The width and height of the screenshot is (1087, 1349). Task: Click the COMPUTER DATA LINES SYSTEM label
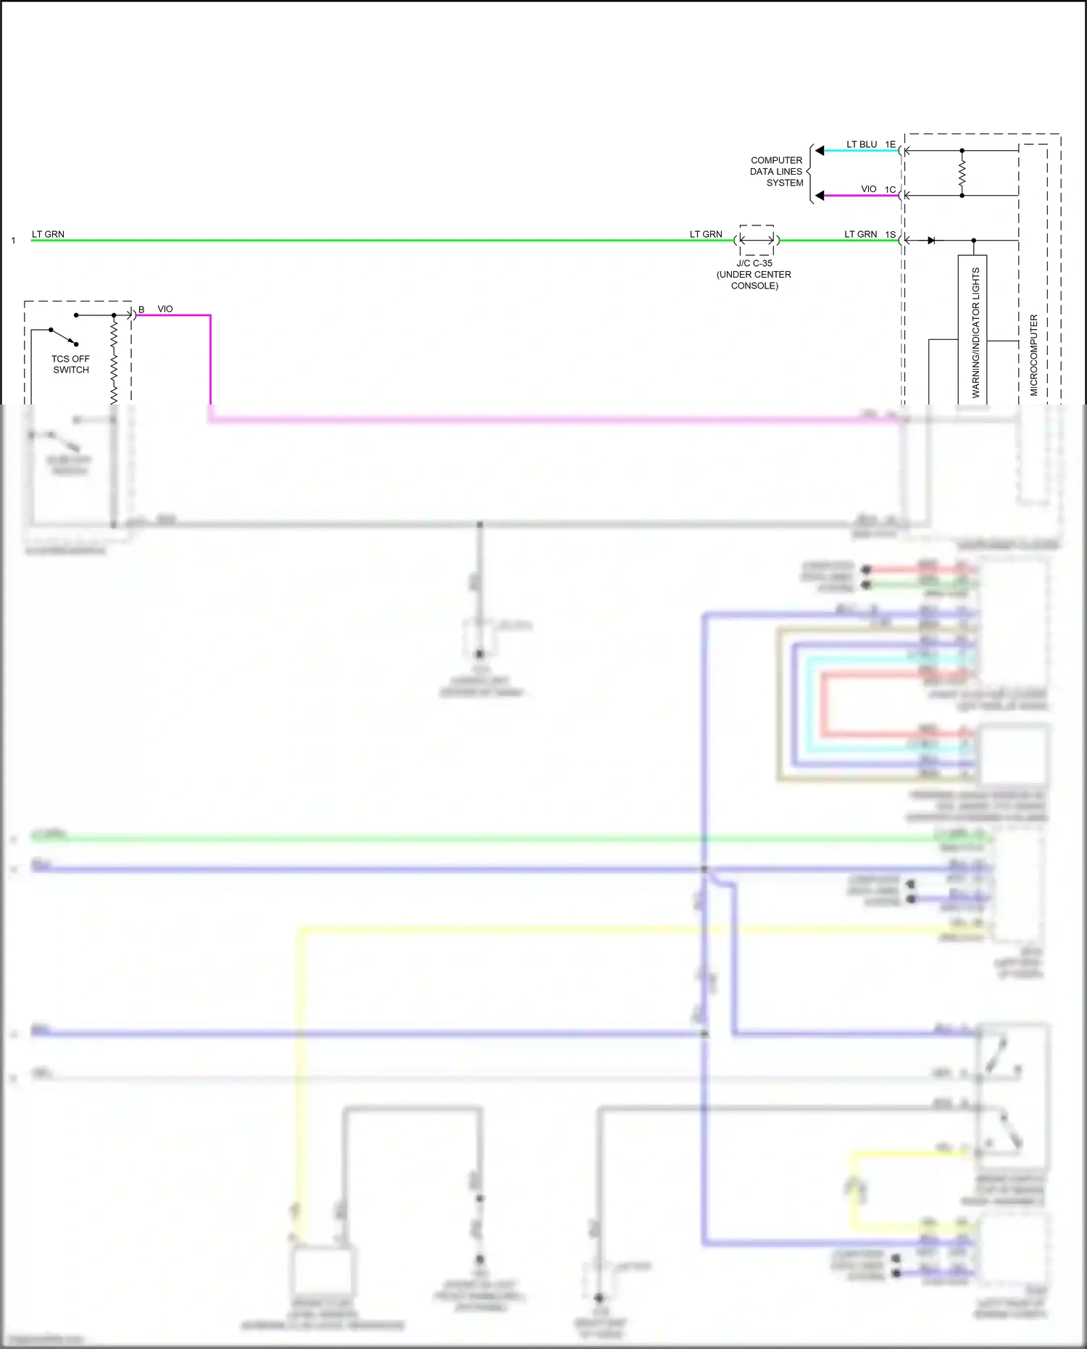[776, 172]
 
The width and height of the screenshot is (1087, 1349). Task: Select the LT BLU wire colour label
[862, 144]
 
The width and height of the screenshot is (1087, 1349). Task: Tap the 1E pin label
[890, 144]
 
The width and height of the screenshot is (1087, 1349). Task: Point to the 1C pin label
[890, 190]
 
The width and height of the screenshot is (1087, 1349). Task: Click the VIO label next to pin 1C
[868, 189]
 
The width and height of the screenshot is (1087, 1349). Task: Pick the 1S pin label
[890, 235]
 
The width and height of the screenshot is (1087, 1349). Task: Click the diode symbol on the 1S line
[931, 240]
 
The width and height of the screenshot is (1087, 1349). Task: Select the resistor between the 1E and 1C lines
[962, 173]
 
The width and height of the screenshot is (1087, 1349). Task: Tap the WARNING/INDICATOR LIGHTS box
[973, 330]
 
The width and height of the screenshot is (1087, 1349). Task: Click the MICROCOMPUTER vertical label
[1033, 355]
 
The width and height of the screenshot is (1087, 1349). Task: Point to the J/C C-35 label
[754, 263]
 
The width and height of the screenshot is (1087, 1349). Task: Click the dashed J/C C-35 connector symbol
[757, 240]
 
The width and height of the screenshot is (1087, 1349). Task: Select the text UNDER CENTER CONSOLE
[754, 280]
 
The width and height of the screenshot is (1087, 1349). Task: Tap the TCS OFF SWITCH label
[70, 364]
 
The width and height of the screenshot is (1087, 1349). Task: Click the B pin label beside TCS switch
[141, 310]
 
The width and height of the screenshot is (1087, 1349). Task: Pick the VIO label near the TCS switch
[165, 309]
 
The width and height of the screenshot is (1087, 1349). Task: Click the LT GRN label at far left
[48, 234]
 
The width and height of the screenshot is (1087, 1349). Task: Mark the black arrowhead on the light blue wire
[820, 151]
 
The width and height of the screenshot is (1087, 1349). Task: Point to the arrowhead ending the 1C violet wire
[820, 196]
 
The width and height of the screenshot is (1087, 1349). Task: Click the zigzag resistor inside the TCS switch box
[114, 362]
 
